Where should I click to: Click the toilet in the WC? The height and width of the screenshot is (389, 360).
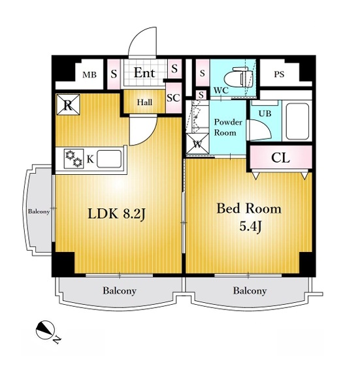pyautogui.click(x=238, y=78)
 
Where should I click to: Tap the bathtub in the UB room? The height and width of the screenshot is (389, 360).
pyautogui.click(x=297, y=121)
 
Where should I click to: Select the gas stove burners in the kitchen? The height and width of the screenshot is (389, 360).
pyautogui.click(x=74, y=159)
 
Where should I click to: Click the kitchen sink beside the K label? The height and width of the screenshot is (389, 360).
pyautogui.click(x=109, y=159)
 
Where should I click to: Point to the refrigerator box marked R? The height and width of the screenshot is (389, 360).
pyautogui.click(x=68, y=104)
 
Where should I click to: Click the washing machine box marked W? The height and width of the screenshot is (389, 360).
pyautogui.click(x=197, y=144)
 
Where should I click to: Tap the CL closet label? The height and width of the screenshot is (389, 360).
pyautogui.click(x=280, y=157)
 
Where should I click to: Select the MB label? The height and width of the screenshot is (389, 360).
pyautogui.click(x=90, y=74)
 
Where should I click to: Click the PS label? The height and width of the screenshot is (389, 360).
pyautogui.click(x=279, y=74)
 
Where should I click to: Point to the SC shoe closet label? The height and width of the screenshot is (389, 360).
pyautogui.click(x=173, y=98)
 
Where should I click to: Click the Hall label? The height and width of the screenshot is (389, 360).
pyautogui.click(x=144, y=102)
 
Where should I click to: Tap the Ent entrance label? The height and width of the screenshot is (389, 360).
pyautogui.click(x=144, y=72)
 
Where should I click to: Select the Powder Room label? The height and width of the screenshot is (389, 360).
pyautogui.click(x=228, y=127)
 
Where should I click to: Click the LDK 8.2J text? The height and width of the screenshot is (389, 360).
pyautogui.click(x=116, y=214)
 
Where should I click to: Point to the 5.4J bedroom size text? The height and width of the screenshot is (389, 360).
pyautogui.click(x=250, y=226)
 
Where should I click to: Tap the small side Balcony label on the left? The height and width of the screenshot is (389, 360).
pyautogui.click(x=39, y=211)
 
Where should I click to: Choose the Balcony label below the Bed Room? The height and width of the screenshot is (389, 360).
pyautogui.click(x=250, y=290)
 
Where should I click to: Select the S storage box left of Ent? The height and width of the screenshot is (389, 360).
pyautogui.click(x=114, y=74)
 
